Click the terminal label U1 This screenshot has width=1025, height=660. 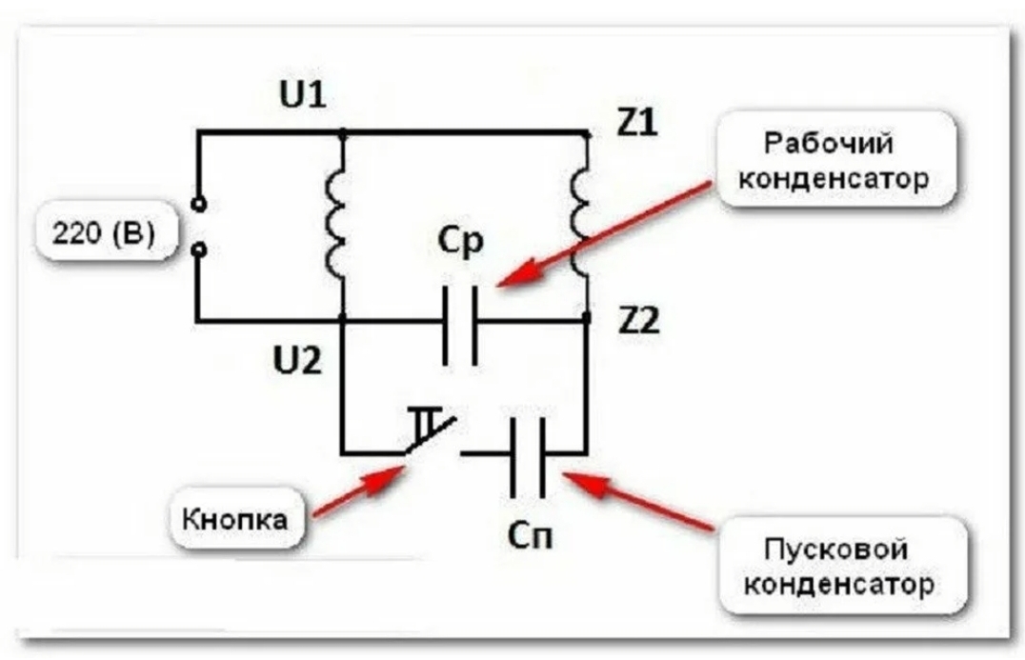tap(303, 96)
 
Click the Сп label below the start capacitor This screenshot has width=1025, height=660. tap(530, 537)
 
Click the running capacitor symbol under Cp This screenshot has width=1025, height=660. tap(460, 322)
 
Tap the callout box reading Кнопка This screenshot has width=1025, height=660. tap(239, 519)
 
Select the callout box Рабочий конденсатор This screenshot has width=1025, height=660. tap(834, 159)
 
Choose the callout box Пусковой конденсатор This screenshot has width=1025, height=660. tap(836, 566)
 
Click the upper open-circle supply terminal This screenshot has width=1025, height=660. tap(199, 204)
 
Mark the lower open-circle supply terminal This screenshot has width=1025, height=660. tap(199, 250)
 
